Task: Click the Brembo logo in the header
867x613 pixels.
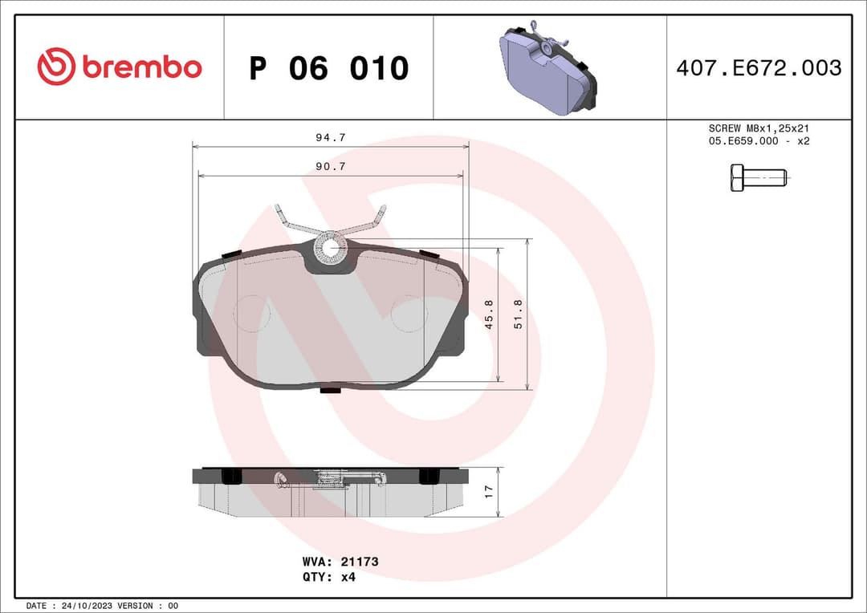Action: click(120, 67)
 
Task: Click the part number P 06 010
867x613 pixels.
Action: click(328, 68)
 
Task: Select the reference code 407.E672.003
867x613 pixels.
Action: click(759, 68)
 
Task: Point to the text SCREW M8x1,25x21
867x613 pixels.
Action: click(758, 128)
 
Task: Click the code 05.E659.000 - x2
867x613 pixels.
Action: click(758, 141)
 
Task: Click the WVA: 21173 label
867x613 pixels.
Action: click(340, 562)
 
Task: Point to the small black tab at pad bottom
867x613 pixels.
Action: click(330, 391)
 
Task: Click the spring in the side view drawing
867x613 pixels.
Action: click(332, 480)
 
